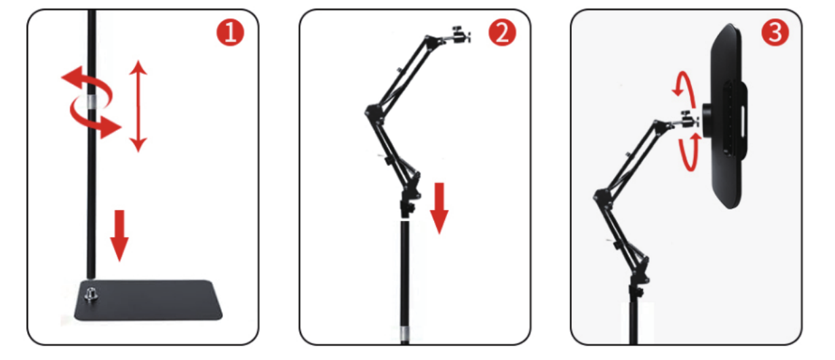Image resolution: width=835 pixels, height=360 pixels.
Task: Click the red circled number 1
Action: tap(230, 33)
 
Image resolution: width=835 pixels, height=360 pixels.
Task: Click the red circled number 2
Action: tap(502, 33)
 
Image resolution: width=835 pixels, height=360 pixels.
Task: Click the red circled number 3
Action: tap(775, 33)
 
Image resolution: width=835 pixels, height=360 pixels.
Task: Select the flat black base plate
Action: tap(149, 300)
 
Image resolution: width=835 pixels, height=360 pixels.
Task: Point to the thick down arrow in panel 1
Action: tap(119, 235)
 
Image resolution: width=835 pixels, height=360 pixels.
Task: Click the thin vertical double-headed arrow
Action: tap(138, 106)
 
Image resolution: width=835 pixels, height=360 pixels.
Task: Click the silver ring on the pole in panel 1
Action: tap(92, 102)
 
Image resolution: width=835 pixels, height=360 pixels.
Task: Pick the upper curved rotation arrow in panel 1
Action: tap(88, 84)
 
